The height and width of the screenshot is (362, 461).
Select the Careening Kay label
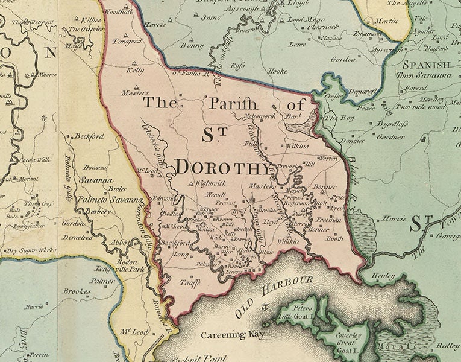point(232,334)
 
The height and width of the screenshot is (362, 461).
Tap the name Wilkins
point(296,146)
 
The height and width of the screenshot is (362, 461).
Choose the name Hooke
point(277,71)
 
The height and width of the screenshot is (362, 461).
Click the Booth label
point(334,238)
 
